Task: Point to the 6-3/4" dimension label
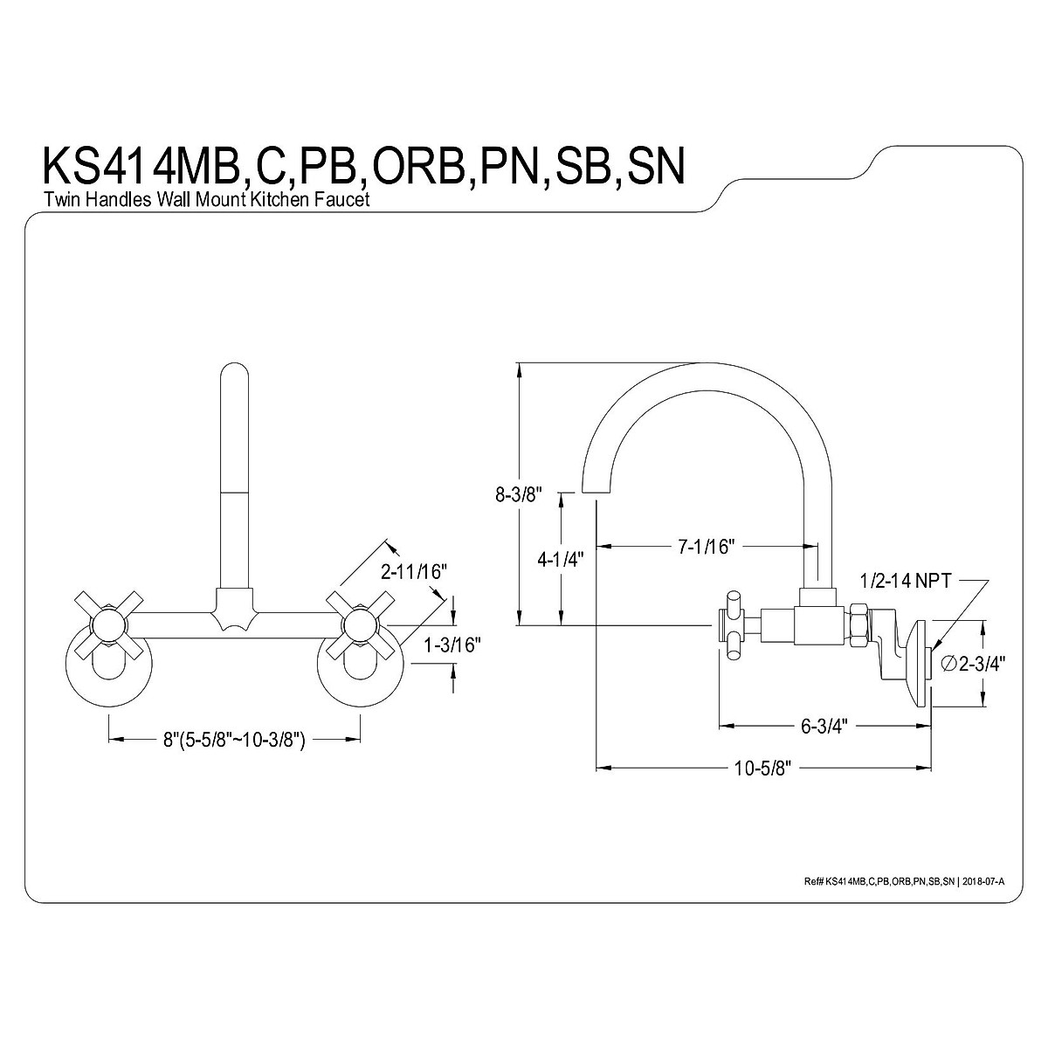click(821, 726)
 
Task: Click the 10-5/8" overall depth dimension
click(762, 769)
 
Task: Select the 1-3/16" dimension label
click(451, 645)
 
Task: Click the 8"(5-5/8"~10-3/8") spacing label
click(233, 741)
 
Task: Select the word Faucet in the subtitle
click(348, 200)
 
